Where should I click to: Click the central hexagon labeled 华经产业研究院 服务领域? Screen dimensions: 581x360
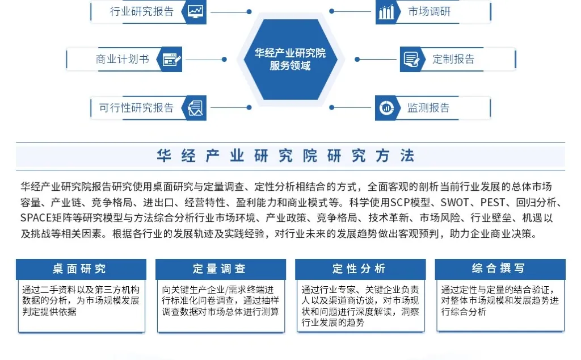[x=290, y=59]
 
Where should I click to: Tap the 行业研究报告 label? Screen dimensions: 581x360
[x=141, y=11]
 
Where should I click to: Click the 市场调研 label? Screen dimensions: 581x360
[x=429, y=11]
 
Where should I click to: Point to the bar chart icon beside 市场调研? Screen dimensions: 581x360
[x=386, y=11]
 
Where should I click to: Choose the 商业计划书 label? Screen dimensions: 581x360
[x=122, y=59]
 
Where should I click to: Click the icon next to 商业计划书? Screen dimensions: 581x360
[x=171, y=59]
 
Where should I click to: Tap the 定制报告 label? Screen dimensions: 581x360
[x=453, y=59]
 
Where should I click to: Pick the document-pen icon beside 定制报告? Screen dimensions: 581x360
[x=411, y=59]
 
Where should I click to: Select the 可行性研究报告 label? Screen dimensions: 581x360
[x=136, y=107]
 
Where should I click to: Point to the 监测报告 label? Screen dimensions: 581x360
[x=428, y=107]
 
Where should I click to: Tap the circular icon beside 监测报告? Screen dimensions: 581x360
[x=386, y=107]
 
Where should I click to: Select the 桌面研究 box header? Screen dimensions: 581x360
[x=81, y=269]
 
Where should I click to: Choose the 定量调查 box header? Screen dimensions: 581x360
[x=220, y=269]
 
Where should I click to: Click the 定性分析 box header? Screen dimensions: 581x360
[x=360, y=269]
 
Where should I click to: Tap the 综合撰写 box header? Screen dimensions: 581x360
[x=499, y=269]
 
